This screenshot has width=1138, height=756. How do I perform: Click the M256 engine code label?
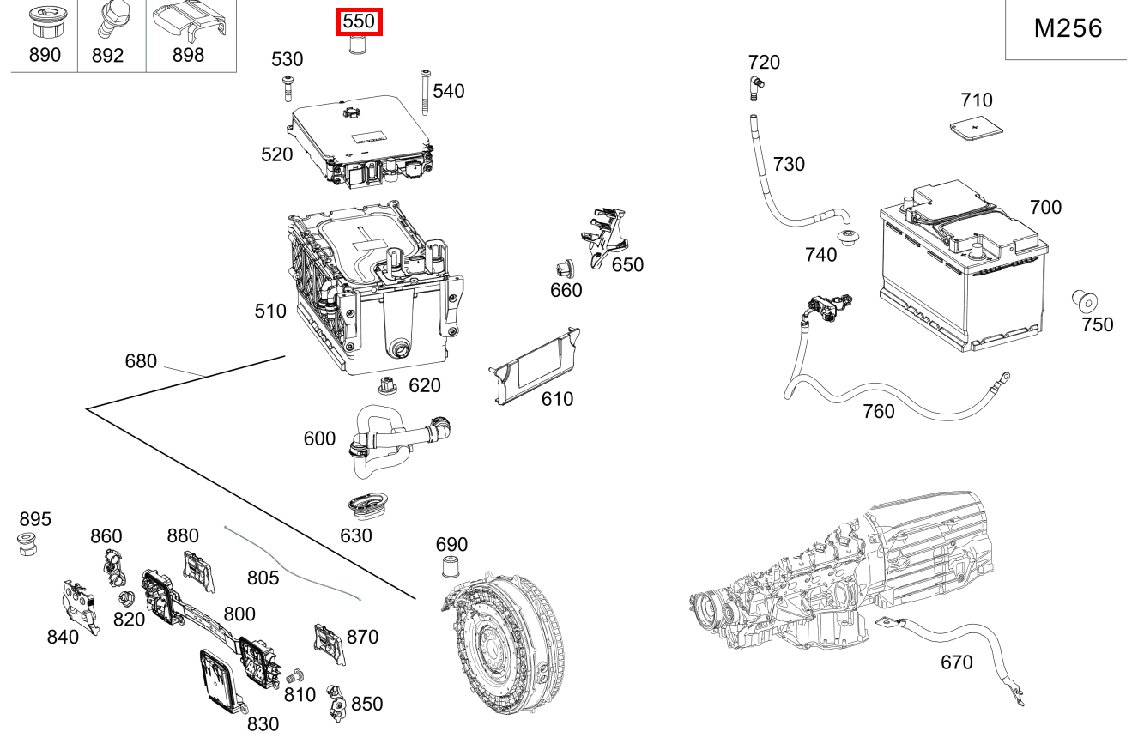click(x=1068, y=28)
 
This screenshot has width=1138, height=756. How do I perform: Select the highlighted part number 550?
click(x=358, y=21)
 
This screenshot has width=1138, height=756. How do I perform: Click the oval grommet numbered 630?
click(x=366, y=506)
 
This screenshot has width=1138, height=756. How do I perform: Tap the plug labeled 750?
click(x=1085, y=301)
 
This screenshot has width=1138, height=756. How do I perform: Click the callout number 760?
click(x=878, y=411)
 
